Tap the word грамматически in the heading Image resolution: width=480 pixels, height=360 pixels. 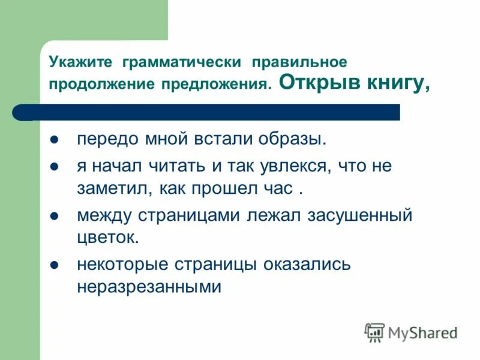click(182, 62)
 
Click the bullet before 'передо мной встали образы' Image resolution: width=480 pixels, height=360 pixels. click(54, 140)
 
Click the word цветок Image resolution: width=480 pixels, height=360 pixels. click(107, 238)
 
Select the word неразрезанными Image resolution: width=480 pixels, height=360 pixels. click(149, 287)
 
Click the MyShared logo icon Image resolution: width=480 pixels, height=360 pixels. click(374, 332)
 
